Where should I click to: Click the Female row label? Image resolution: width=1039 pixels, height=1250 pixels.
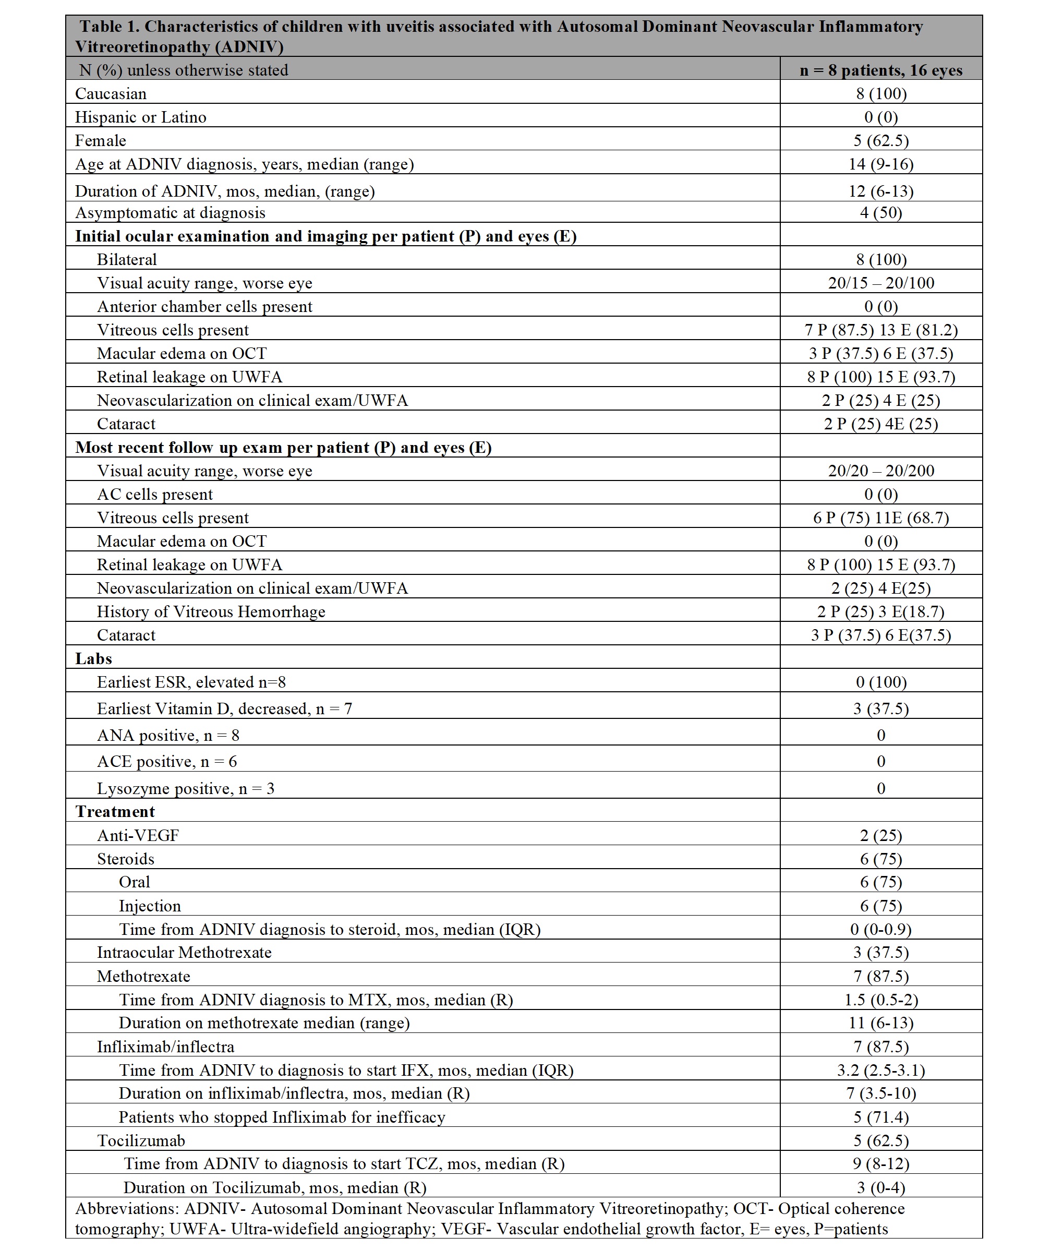click(x=101, y=140)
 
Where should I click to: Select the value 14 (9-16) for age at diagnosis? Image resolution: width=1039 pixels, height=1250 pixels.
click(x=881, y=164)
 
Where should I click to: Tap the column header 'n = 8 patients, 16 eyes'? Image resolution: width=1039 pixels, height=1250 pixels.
click(x=881, y=70)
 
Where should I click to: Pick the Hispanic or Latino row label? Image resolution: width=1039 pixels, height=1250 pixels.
click(x=140, y=117)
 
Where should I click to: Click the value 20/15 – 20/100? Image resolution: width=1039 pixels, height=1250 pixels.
click(x=881, y=283)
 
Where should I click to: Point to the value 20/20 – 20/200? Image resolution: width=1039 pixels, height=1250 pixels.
click(x=881, y=471)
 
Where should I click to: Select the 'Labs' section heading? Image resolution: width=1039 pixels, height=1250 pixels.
click(x=93, y=658)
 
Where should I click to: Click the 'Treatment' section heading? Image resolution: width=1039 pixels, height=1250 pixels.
click(x=115, y=811)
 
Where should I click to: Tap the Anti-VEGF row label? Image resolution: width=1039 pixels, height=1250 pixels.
click(x=138, y=835)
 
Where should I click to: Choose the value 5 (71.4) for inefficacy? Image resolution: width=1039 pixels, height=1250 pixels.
click(x=881, y=1117)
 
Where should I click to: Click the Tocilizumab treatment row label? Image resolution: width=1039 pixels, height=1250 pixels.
click(x=141, y=1140)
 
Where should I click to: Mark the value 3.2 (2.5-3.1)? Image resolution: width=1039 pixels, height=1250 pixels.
click(x=881, y=1070)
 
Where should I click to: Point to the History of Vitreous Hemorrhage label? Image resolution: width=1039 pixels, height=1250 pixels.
click(x=211, y=612)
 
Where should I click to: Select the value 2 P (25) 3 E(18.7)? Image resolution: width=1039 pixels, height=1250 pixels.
click(x=881, y=612)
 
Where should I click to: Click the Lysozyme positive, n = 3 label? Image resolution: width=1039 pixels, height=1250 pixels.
click(x=186, y=789)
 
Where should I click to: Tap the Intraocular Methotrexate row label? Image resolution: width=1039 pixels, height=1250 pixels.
click(x=185, y=953)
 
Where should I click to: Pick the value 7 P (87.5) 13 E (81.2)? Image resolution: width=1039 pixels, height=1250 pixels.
click(x=881, y=330)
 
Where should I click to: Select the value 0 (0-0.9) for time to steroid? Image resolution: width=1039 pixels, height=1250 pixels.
click(x=881, y=929)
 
